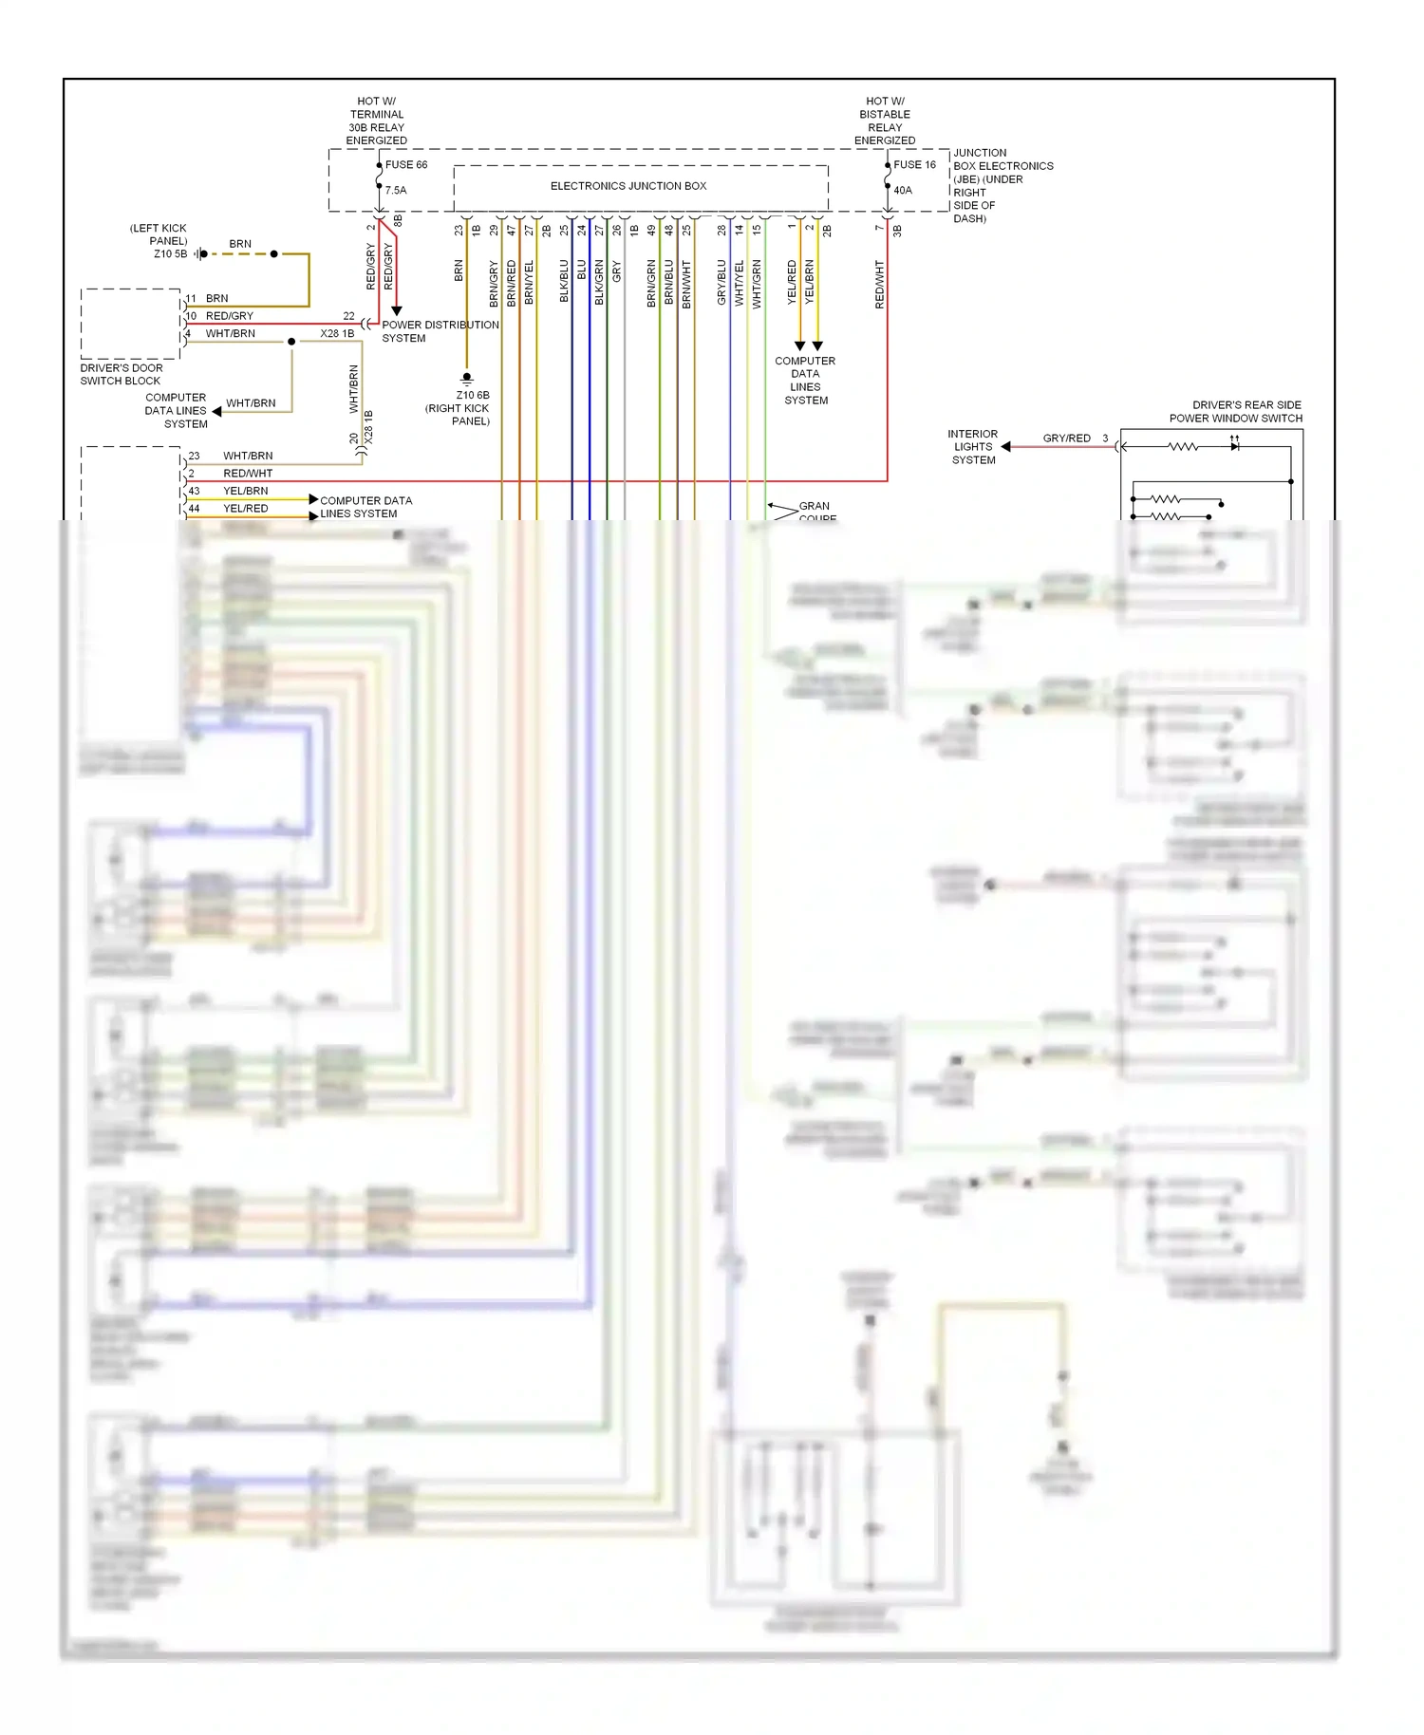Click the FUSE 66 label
(x=405, y=165)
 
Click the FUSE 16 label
(x=914, y=165)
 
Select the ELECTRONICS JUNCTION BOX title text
(x=628, y=186)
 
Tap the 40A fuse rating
(x=902, y=191)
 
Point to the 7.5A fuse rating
(x=396, y=191)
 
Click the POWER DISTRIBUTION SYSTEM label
(x=440, y=331)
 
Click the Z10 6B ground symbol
(x=466, y=378)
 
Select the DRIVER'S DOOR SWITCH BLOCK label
(x=122, y=374)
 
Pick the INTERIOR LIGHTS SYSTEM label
(x=973, y=447)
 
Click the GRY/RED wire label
(x=1066, y=438)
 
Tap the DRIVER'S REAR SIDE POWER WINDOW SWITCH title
(x=1236, y=412)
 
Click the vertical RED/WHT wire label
(x=879, y=284)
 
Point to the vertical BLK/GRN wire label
(x=599, y=282)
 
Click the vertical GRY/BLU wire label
(x=721, y=282)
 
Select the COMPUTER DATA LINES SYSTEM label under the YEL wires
(x=805, y=381)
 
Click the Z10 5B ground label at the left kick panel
(x=171, y=254)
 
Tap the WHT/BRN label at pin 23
(x=248, y=456)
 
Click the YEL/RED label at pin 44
(x=245, y=509)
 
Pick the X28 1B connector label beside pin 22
(x=337, y=334)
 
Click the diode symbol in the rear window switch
(x=1234, y=446)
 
